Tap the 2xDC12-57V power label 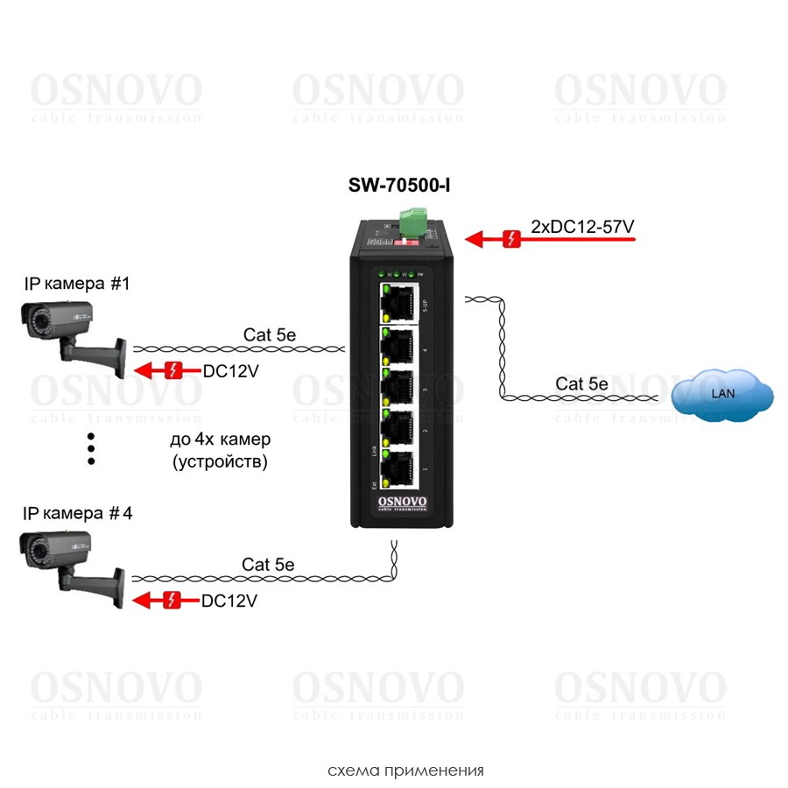582,227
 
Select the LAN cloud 723,394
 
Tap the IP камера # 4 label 79,514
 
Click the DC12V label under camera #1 231,371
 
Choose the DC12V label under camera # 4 229,602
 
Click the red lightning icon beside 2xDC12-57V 512,237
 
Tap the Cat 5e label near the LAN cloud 581,383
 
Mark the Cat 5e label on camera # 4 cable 268,565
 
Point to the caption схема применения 405,770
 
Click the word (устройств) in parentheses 220,461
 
